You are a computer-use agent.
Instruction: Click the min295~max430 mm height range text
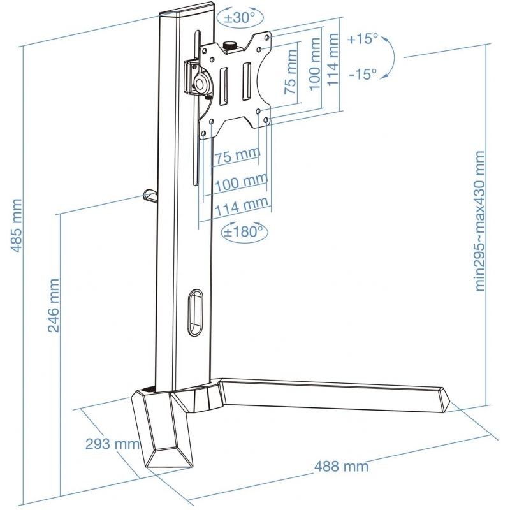click(x=480, y=221)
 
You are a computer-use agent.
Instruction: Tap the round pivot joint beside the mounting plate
click(x=203, y=82)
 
